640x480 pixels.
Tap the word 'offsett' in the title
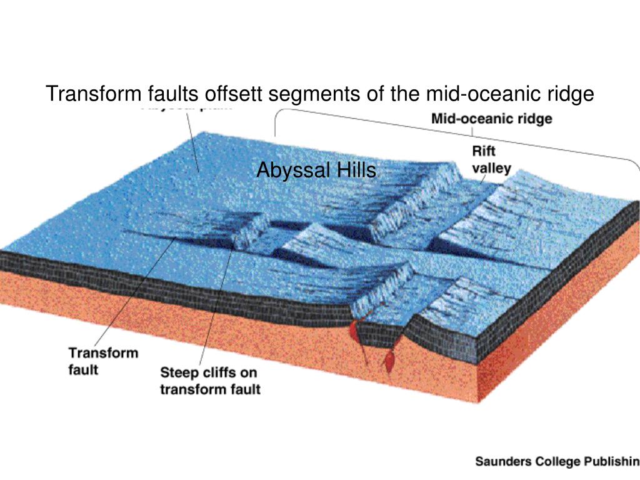click(x=235, y=94)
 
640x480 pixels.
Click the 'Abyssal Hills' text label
click(x=316, y=169)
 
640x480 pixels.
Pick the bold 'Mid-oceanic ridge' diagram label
click(x=492, y=119)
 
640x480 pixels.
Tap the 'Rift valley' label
click(x=491, y=160)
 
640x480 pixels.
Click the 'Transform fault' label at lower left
click(x=103, y=361)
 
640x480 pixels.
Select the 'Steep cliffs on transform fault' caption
click(x=210, y=381)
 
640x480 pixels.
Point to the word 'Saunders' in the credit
click(x=503, y=462)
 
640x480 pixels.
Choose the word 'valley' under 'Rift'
click(x=491, y=168)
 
